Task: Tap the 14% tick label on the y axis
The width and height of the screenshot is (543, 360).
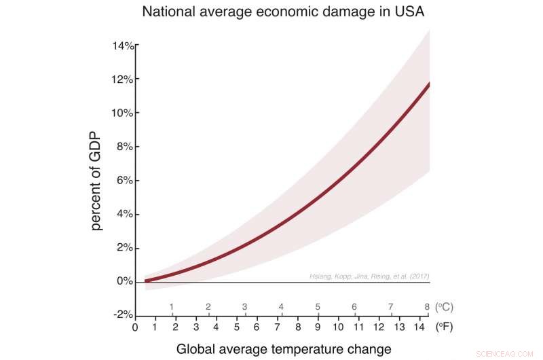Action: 123,46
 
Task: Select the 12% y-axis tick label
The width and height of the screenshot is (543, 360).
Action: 123,79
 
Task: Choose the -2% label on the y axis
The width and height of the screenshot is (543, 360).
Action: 123,314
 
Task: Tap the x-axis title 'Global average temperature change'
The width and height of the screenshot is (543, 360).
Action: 284,349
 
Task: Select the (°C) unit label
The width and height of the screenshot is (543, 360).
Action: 444,306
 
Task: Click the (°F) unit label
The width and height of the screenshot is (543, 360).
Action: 444,327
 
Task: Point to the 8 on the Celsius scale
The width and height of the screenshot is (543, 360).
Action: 427,306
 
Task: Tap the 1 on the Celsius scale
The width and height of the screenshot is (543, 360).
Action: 172,306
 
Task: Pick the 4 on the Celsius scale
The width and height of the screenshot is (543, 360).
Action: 281,306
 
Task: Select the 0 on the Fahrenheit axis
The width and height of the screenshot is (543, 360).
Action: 135,327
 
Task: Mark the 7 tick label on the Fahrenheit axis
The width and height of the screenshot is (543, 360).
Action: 277,327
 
